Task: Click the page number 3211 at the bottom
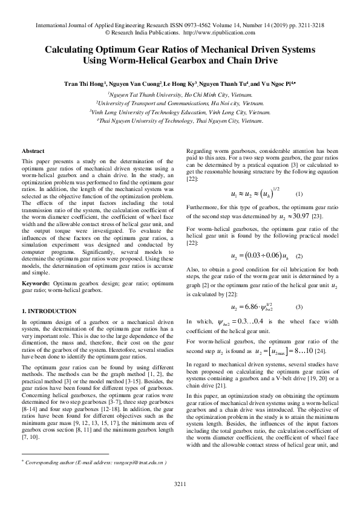[180, 484]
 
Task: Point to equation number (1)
[299, 195]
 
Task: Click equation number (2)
[299, 256]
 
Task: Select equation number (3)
[299, 307]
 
